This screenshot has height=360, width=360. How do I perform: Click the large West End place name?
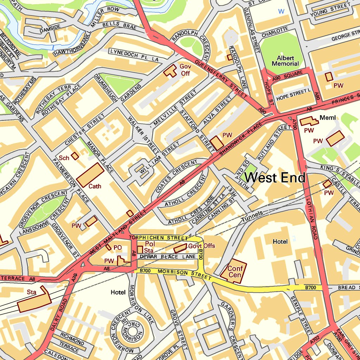click(x=275, y=178)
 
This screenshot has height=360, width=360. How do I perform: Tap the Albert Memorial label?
click(x=285, y=61)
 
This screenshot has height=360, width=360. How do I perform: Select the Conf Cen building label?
click(x=235, y=271)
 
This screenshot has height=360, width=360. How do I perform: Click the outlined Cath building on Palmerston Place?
click(x=90, y=175)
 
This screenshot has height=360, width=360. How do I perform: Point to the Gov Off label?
click(x=185, y=70)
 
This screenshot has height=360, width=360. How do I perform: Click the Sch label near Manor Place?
click(x=64, y=158)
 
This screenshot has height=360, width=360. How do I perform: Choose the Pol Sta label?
click(x=149, y=247)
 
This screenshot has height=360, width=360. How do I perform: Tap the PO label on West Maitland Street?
click(x=117, y=247)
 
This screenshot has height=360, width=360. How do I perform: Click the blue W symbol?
click(x=281, y=11)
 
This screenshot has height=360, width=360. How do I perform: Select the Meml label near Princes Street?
click(x=327, y=117)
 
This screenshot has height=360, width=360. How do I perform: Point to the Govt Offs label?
click(x=201, y=246)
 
